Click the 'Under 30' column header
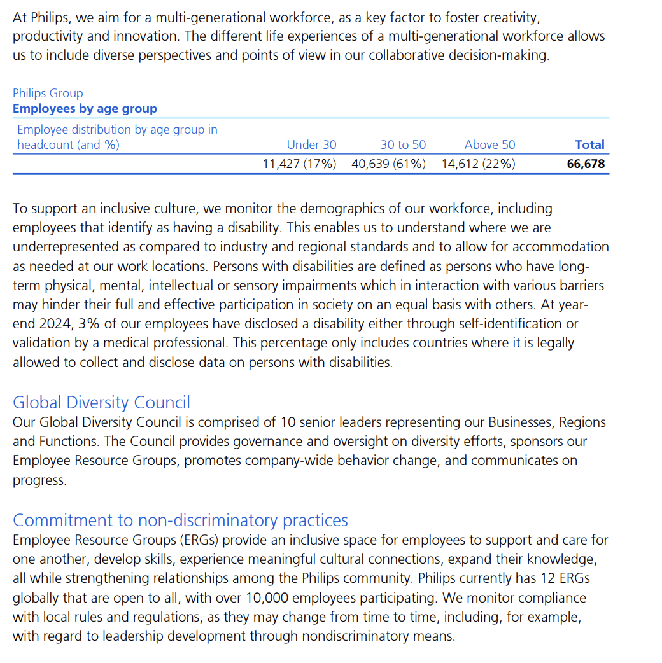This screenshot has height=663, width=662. pyautogui.click(x=311, y=144)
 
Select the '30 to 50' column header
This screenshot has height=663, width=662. pyautogui.click(x=403, y=144)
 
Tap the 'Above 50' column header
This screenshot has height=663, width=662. pyautogui.click(x=489, y=144)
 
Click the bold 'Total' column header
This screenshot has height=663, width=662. pyautogui.click(x=589, y=144)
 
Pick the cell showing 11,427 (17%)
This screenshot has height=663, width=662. pyautogui.click(x=299, y=164)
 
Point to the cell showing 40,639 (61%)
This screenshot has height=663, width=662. pyautogui.click(x=388, y=164)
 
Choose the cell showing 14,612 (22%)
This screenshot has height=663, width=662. pyautogui.click(x=478, y=164)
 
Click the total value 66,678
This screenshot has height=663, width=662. pyautogui.click(x=586, y=164)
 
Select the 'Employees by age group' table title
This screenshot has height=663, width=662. pyautogui.click(x=85, y=109)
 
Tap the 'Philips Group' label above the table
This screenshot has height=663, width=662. pyautogui.click(x=48, y=94)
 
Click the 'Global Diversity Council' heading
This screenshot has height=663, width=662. pyautogui.click(x=101, y=403)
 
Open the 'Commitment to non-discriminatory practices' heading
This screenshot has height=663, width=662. pyautogui.click(x=180, y=520)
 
